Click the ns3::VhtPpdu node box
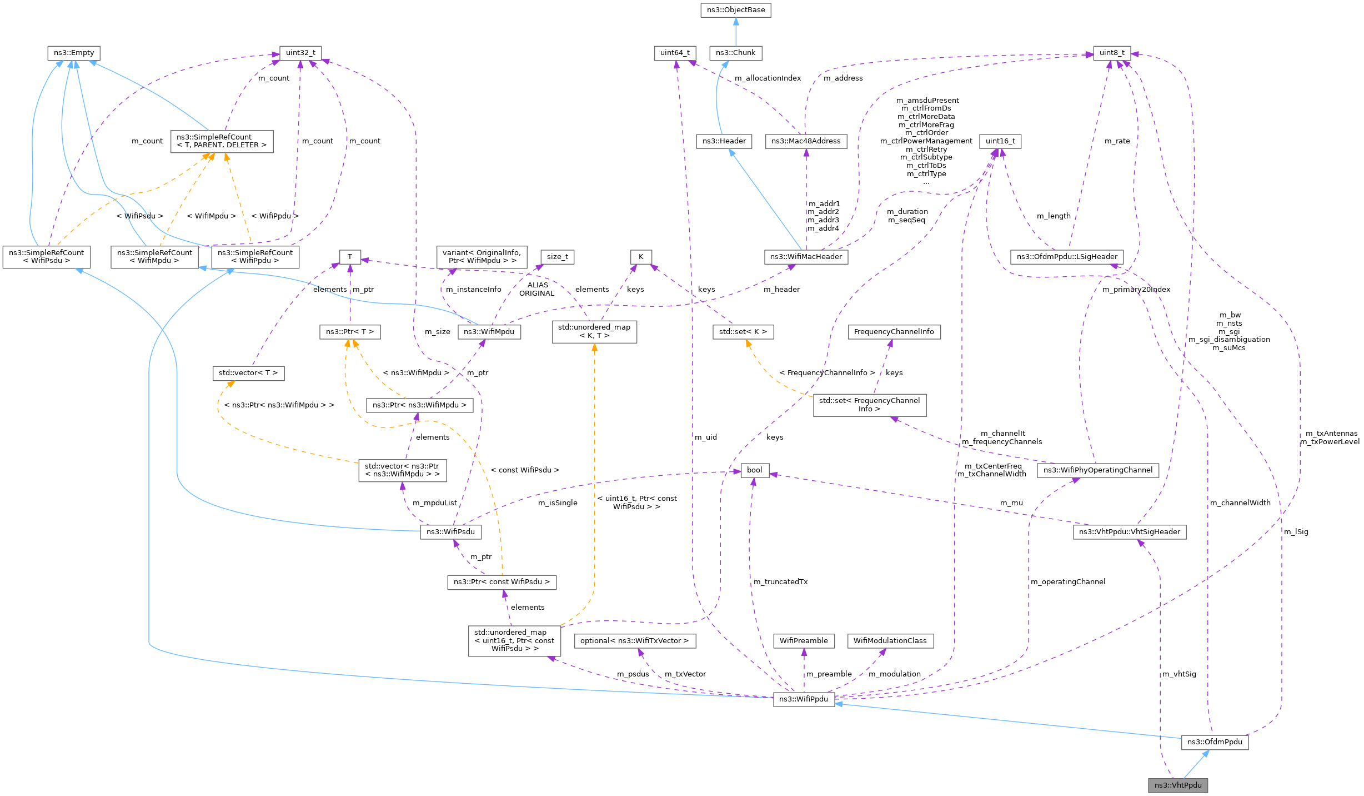click(1177, 785)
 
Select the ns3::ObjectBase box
click(735, 10)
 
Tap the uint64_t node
click(675, 53)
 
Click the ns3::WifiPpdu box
click(804, 699)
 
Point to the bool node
click(754, 470)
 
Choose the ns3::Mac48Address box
click(806, 141)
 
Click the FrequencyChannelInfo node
click(894, 332)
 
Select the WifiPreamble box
click(804, 641)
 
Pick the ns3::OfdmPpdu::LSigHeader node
click(1067, 257)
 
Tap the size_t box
click(557, 257)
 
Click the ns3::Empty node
click(74, 53)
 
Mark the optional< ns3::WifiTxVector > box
click(635, 641)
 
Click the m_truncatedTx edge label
click(780, 582)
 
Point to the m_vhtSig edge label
click(1179, 674)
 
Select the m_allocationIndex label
click(768, 78)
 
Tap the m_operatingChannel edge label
click(1068, 582)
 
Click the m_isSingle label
click(558, 503)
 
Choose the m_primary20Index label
click(1136, 290)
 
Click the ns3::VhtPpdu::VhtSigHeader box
click(1130, 532)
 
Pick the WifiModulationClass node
click(890, 641)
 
